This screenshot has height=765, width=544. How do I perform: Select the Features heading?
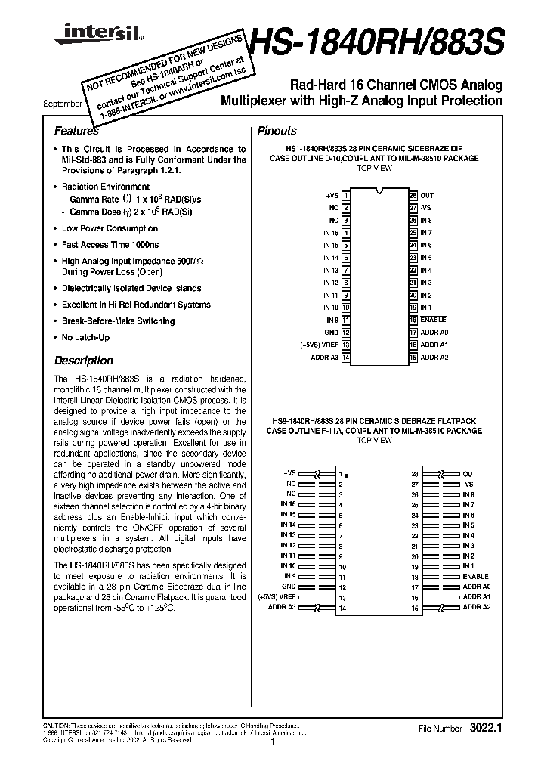[x=76, y=131]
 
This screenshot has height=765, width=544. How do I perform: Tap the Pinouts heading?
[x=277, y=131]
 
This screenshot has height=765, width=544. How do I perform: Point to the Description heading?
[x=83, y=361]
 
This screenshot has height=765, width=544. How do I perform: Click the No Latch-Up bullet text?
[x=85, y=337]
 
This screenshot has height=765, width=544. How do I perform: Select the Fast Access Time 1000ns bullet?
[x=110, y=245]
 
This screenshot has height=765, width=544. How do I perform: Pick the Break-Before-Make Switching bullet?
[x=118, y=321]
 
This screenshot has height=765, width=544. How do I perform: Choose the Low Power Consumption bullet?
[x=110, y=228]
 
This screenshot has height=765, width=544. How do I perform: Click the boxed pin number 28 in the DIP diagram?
[x=413, y=195]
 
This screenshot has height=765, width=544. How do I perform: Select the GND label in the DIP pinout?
[x=332, y=332]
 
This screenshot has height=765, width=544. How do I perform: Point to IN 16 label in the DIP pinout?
[x=331, y=233]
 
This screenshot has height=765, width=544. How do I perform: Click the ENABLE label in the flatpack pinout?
[x=475, y=576]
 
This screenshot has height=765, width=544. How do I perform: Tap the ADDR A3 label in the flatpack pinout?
[x=283, y=607]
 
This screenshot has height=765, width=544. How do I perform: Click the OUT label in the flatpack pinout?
[x=469, y=473]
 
